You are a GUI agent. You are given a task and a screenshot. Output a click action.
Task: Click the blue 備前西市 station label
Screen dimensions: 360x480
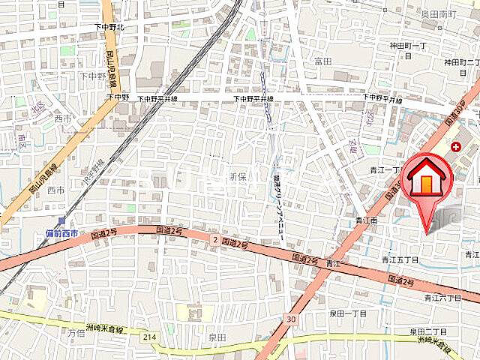pos(61,233)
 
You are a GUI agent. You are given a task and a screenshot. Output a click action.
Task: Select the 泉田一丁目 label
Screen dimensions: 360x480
pos(349,313)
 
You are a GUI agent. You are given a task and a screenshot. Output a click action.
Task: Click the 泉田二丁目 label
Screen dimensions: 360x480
pos(427,331)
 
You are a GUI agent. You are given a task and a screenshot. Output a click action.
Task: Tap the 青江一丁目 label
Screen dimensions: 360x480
pos(385,170)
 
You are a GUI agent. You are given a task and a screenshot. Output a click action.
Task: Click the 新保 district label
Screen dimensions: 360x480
pos(236,177)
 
